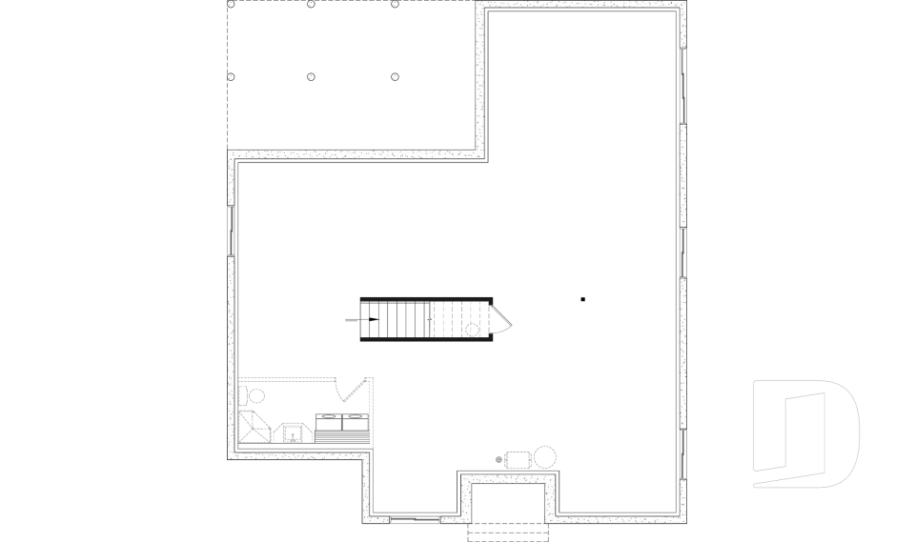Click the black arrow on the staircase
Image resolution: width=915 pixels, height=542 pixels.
click(x=373, y=320)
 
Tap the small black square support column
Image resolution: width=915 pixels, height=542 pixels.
click(x=583, y=300)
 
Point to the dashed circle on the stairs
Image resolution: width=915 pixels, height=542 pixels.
click(x=472, y=330)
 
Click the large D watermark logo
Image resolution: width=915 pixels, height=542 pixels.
click(x=805, y=433)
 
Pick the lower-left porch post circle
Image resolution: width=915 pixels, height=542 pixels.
click(x=231, y=76)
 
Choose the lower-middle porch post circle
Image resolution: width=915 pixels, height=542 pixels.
click(x=312, y=76)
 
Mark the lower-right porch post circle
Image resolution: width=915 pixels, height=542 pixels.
click(x=395, y=76)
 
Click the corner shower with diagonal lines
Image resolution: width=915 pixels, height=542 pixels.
click(x=254, y=426)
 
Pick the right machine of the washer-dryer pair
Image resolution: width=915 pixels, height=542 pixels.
click(x=355, y=421)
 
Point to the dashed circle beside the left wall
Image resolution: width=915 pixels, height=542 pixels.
click(x=255, y=394)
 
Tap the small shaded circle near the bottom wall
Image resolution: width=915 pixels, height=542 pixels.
click(x=498, y=459)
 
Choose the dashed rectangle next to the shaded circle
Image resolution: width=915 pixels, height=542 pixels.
click(x=518, y=458)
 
